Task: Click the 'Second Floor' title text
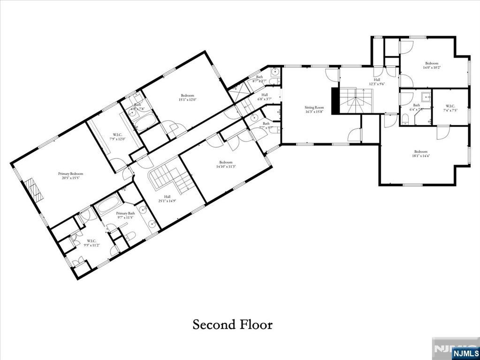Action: [232, 324]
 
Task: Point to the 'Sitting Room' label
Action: [314, 107]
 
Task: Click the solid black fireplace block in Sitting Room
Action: [335, 101]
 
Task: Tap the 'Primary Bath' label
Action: [125, 213]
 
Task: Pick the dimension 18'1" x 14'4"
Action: [420, 156]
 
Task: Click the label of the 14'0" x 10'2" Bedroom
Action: [432, 63]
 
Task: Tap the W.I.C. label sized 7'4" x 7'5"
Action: [450, 105]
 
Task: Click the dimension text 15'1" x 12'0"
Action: [187, 99]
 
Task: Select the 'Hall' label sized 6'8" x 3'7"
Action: [265, 94]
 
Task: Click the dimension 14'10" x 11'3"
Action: [226, 166]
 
